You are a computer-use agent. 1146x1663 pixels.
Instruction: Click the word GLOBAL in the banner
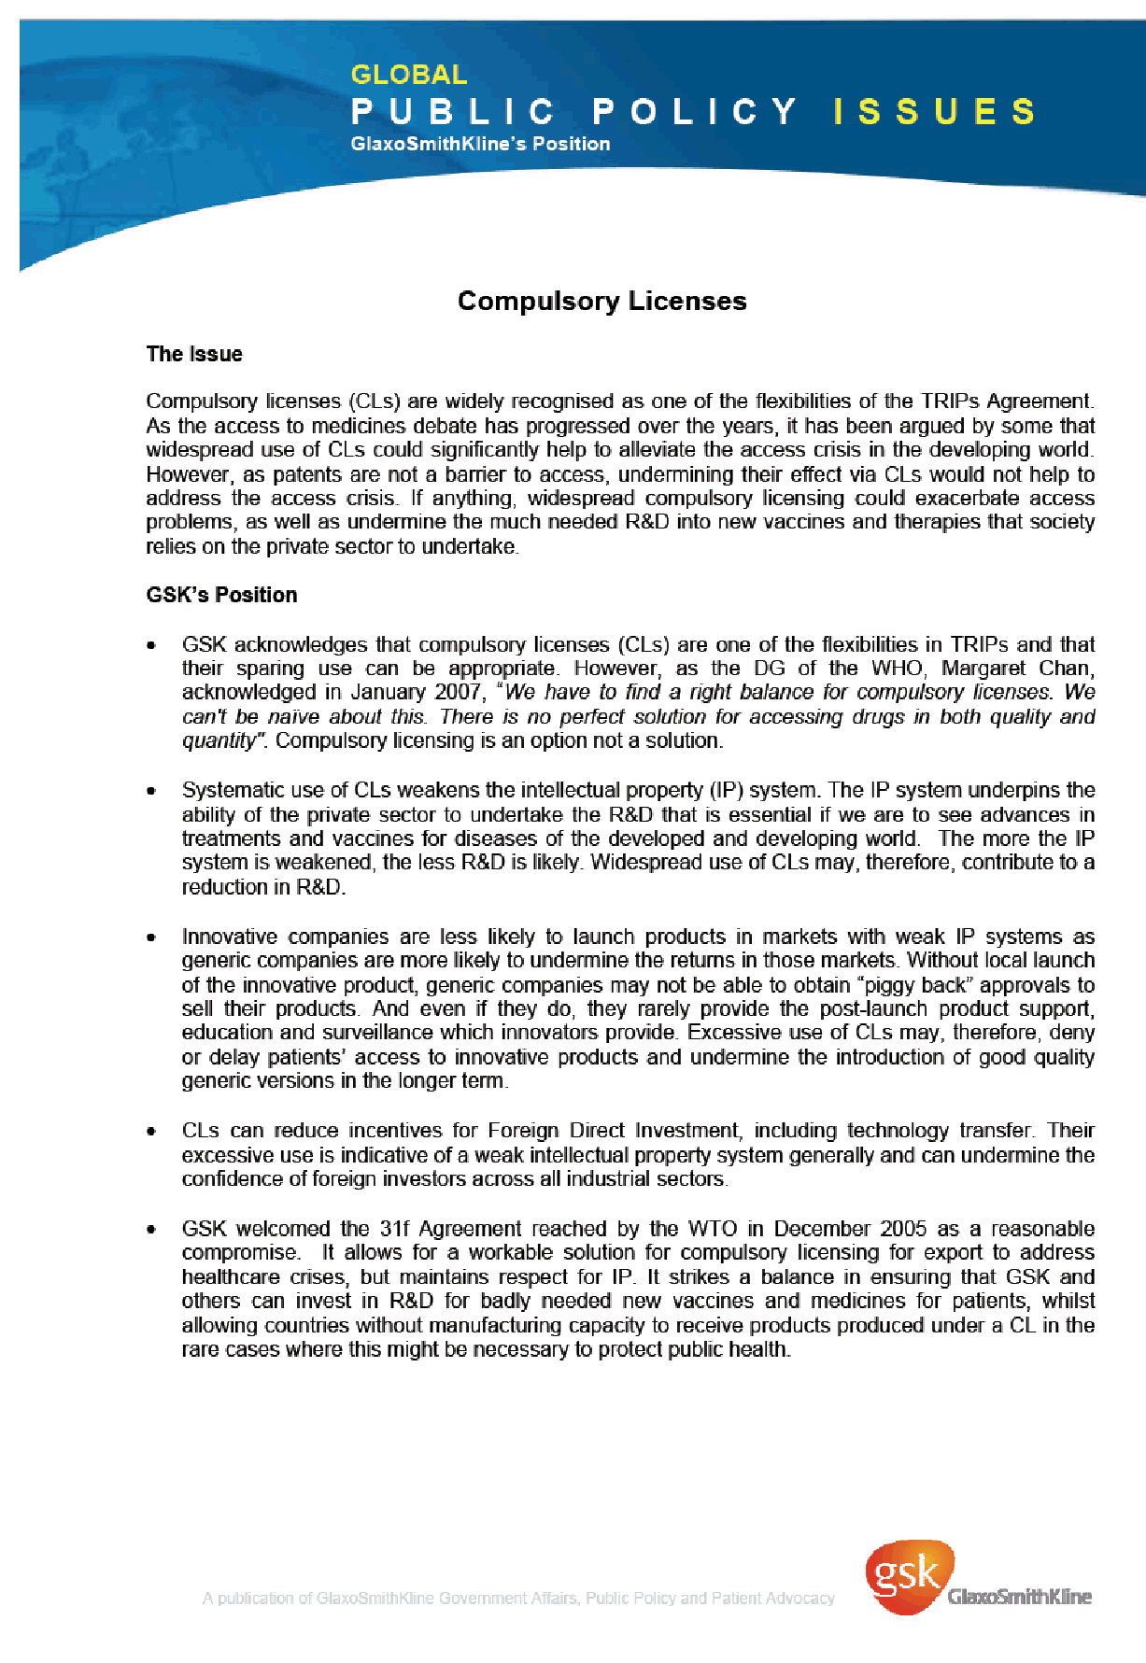[408, 75]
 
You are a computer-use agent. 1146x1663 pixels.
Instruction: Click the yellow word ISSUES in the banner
[934, 111]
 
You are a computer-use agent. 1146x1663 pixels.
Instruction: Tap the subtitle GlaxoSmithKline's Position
[480, 144]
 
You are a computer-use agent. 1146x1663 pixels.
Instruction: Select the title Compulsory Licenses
[601, 301]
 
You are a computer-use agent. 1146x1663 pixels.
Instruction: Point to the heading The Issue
[194, 354]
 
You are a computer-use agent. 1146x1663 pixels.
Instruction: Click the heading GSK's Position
[221, 595]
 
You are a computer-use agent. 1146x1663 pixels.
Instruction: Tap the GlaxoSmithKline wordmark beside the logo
[1019, 1597]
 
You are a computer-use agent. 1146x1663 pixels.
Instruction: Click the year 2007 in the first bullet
[457, 693]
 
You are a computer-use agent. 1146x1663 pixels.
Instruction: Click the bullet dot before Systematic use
[151, 792]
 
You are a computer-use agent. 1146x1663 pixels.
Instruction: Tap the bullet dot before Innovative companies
[151, 937]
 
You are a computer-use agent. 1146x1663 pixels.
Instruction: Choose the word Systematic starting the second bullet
[228, 790]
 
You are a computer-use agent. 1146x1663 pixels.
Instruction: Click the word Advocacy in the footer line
[799, 1598]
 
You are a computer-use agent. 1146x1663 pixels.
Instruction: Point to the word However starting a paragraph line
[185, 474]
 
